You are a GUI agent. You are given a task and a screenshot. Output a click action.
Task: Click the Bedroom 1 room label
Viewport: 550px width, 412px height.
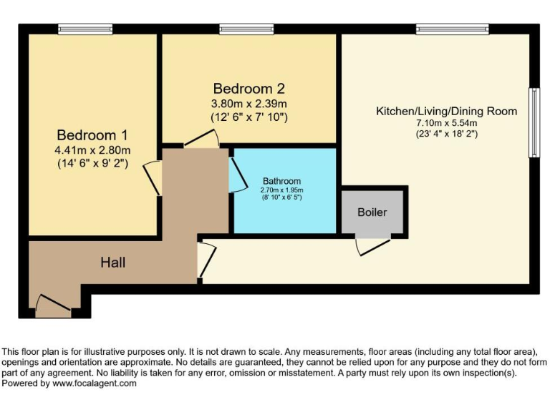coord(93,134)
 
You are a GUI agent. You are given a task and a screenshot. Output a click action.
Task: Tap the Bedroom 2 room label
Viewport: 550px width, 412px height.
coord(249,89)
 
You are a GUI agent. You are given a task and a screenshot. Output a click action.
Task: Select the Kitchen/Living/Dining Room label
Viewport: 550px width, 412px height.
coord(446,111)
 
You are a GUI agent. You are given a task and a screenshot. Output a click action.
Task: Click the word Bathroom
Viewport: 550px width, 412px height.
coord(281,181)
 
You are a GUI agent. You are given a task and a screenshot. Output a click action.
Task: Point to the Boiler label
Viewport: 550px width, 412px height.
coord(372,212)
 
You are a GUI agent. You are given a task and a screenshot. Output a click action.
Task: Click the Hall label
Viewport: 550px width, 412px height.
coord(112,263)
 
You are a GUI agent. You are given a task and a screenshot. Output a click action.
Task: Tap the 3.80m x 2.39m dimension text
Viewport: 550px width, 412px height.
coord(249,103)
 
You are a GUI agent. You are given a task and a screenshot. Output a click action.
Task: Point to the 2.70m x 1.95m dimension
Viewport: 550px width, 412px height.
coord(281,190)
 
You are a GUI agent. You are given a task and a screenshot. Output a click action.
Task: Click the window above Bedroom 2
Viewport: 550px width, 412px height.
coord(246,29)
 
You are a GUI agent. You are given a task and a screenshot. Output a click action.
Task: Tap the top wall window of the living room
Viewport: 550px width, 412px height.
coord(452,29)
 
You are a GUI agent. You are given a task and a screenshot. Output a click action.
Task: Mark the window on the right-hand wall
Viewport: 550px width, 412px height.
coord(534,122)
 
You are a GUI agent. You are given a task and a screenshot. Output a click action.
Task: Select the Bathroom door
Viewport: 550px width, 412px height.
coord(236,174)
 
